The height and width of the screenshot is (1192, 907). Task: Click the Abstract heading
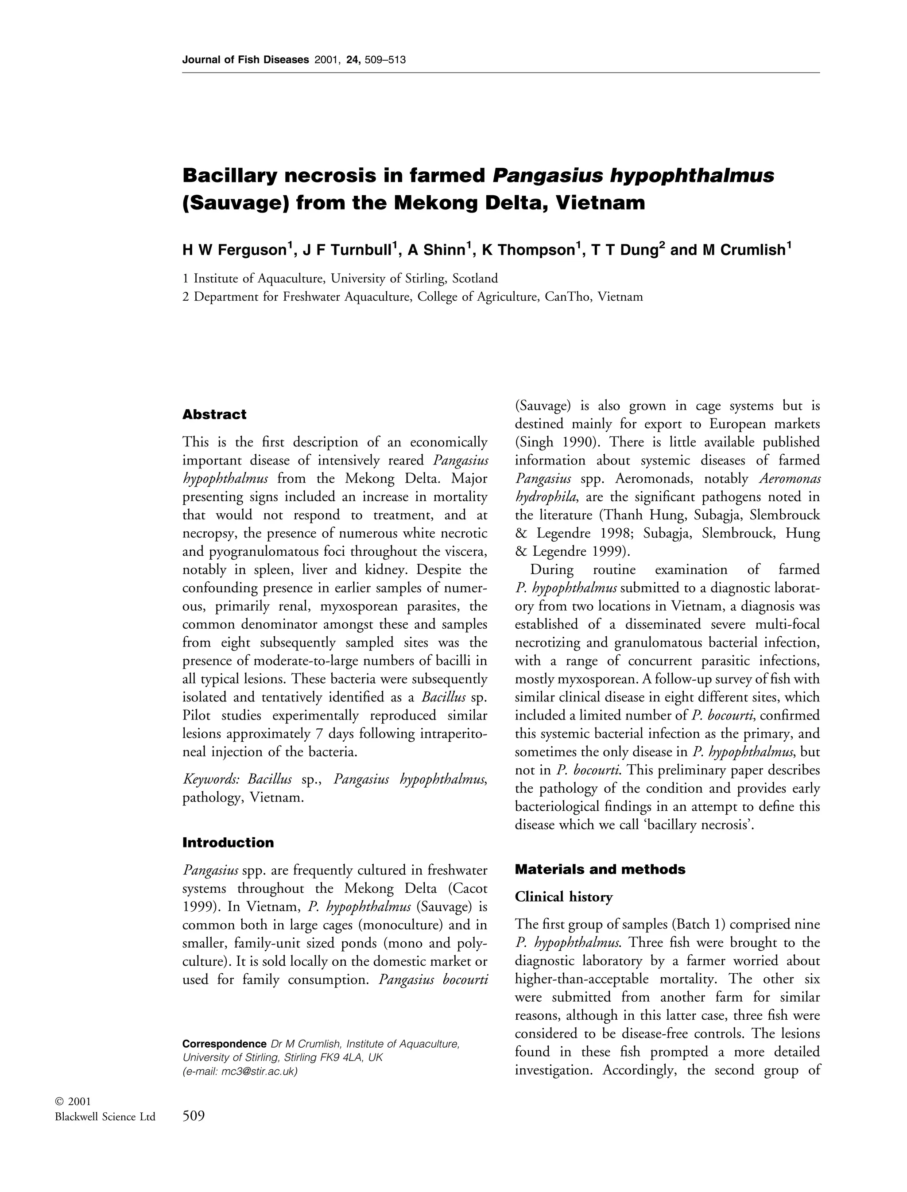[214, 414]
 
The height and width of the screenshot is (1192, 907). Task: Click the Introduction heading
[228, 843]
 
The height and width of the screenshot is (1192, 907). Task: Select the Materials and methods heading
[600, 869]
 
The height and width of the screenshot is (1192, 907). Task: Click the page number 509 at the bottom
[194, 1116]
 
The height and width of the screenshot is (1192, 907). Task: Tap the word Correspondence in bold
[224, 1044]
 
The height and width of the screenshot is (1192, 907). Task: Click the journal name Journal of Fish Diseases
[245, 60]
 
